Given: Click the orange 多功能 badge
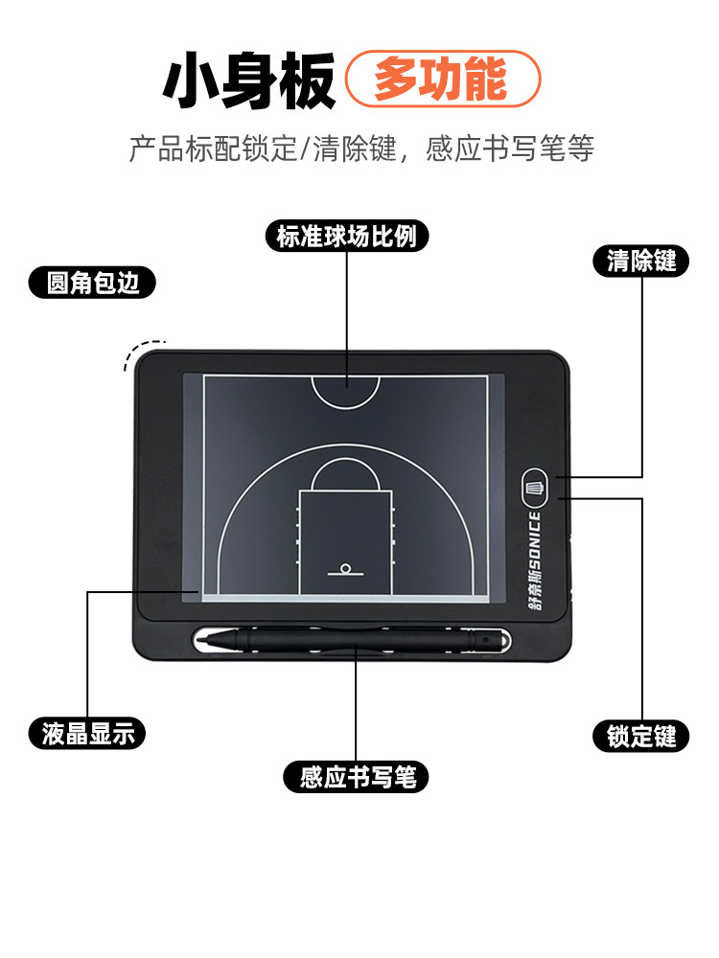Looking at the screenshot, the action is (443, 79).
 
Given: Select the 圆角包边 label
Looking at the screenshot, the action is (92, 283).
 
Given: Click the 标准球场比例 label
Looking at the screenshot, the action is (346, 236).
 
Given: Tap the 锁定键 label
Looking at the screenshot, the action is (641, 736).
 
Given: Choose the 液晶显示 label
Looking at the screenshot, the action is (87, 734).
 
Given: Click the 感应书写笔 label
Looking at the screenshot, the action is (356, 777).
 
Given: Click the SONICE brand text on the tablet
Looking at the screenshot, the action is (535, 541).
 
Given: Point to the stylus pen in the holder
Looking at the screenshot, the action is (355, 639).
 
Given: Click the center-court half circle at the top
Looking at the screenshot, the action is (345, 391).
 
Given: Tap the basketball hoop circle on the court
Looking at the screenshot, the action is (346, 566).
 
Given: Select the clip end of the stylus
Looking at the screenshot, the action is (484, 638).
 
